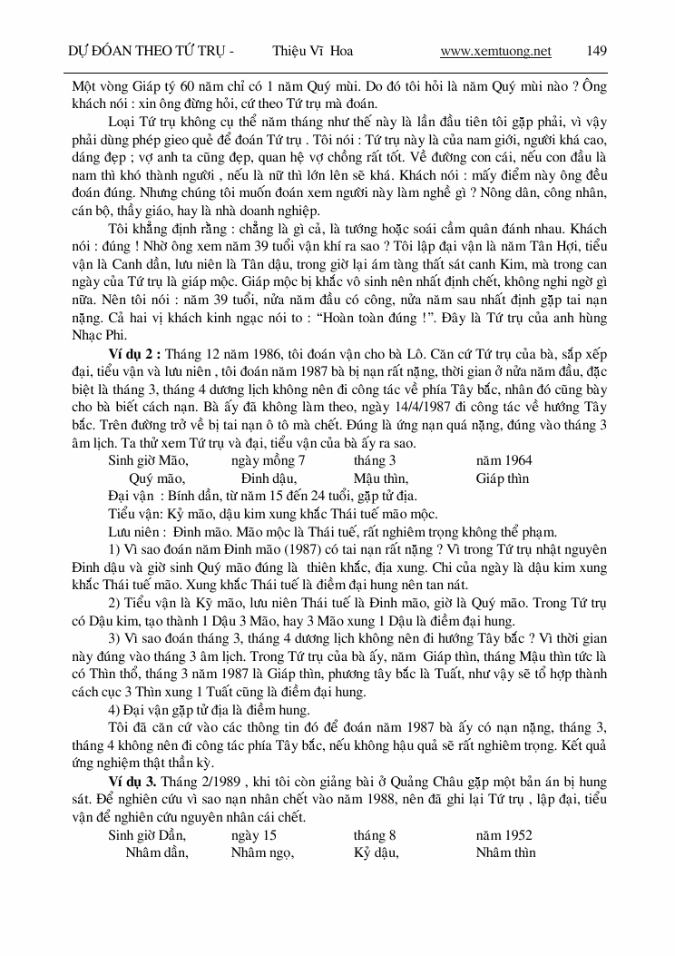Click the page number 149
click(x=597, y=51)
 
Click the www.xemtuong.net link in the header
click(x=495, y=51)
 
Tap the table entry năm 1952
click(x=504, y=835)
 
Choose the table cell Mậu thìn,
click(x=381, y=478)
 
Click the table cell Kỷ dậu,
click(x=377, y=853)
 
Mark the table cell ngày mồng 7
click(x=268, y=460)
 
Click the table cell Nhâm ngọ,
click(x=260, y=853)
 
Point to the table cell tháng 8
click(x=375, y=835)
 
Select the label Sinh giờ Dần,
click(x=148, y=835)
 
